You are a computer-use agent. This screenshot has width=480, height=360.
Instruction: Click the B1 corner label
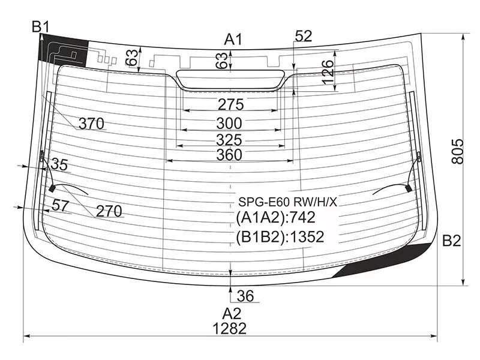click(40, 26)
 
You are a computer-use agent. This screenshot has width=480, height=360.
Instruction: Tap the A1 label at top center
click(233, 40)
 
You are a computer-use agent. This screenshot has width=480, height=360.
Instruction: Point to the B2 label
click(451, 241)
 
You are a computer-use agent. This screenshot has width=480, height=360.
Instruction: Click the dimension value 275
click(230, 104)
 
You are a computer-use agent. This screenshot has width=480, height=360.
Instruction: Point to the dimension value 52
click(304, 36)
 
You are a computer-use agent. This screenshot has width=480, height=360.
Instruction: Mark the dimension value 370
click(92, 124)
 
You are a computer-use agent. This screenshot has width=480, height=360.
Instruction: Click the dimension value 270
click(109, 211)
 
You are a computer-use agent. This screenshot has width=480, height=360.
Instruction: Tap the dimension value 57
click(60, 205)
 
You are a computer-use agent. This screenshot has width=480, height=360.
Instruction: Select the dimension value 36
click(245, 295)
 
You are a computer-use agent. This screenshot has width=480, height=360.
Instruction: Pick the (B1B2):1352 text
click(280, 237)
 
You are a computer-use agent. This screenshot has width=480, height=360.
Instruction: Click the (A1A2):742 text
click(275, 217)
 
